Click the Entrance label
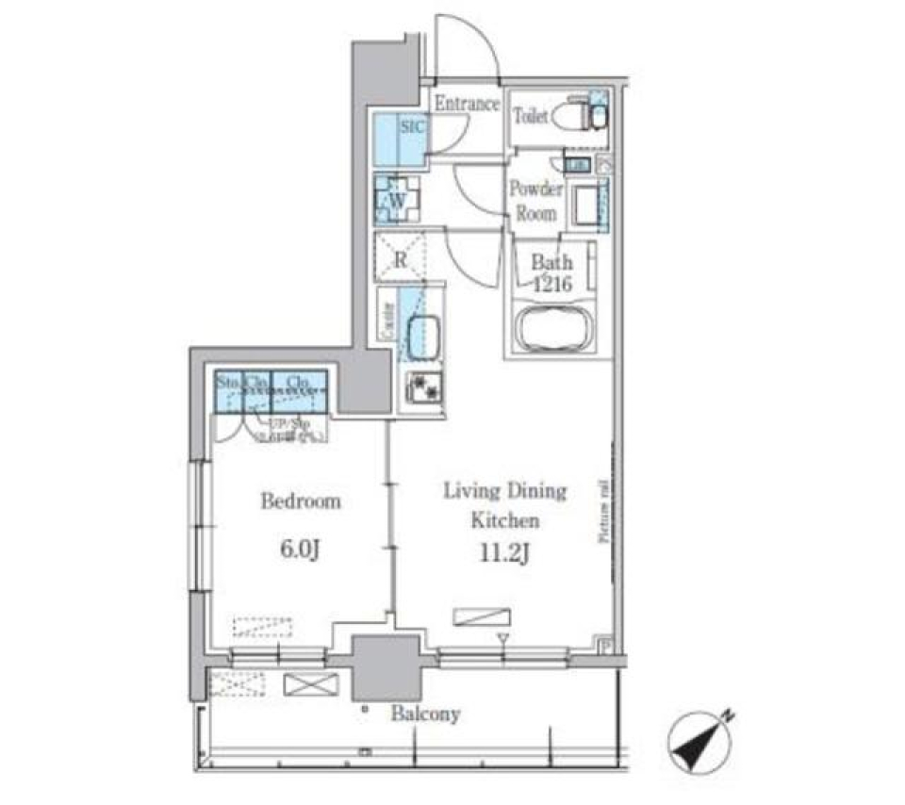coord(466,104)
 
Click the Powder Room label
coord(535,200)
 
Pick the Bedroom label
coord(300,501)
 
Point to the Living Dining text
coord(505,491)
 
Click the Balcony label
coord(427,714)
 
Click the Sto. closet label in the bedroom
coord(227,383)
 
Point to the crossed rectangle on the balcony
coord(310,684)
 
